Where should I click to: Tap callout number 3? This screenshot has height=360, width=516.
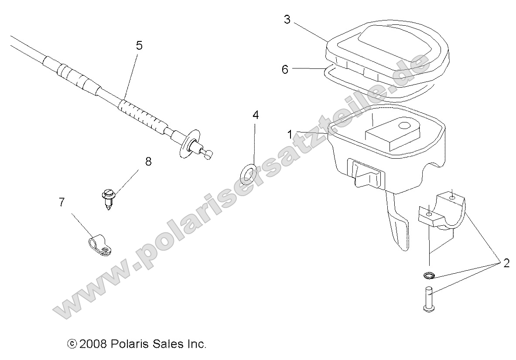[287, 20]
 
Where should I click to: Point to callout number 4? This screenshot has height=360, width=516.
[256, 115]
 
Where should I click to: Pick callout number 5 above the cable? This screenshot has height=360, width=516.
[139, 46]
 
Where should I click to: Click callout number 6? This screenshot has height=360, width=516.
[285, 69]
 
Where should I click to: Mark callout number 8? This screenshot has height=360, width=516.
[148, 162]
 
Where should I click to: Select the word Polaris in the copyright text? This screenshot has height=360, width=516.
[128, 344]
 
